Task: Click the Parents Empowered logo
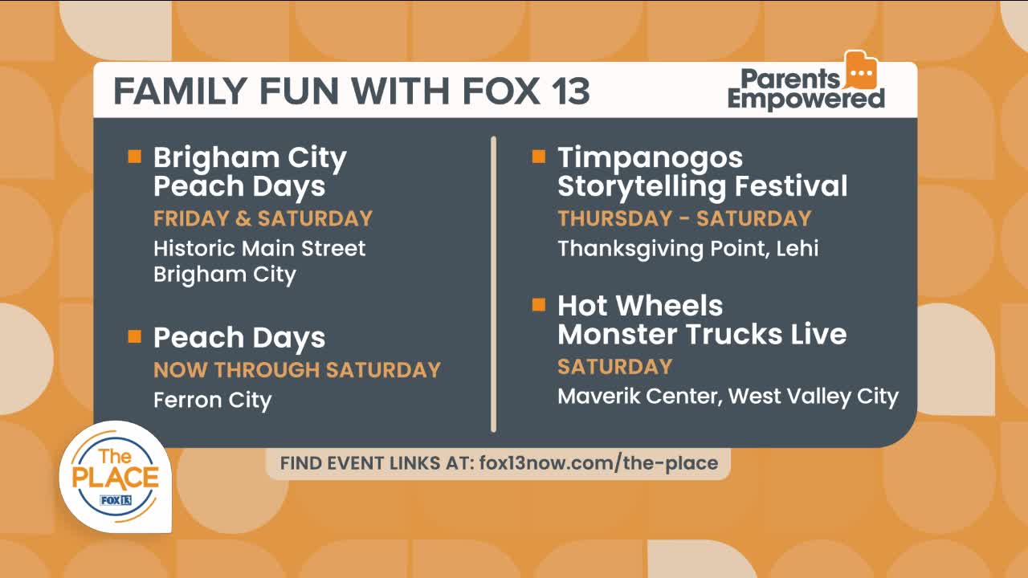[806, 81]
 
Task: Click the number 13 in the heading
[570, 91]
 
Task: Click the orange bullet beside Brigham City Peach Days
[134, 157]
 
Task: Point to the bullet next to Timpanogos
[539, 157]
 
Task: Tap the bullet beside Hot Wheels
[539, 304]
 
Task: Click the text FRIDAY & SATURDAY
[263, 218]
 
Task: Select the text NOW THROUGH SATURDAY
[297, 370]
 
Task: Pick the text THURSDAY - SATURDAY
[685, 218]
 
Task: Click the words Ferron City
[213, 400]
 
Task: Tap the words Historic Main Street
[259, 248]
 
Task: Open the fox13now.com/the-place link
[598, 463]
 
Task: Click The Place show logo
[116, 477]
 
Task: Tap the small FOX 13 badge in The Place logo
[116, 500]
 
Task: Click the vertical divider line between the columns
[493, 284]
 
